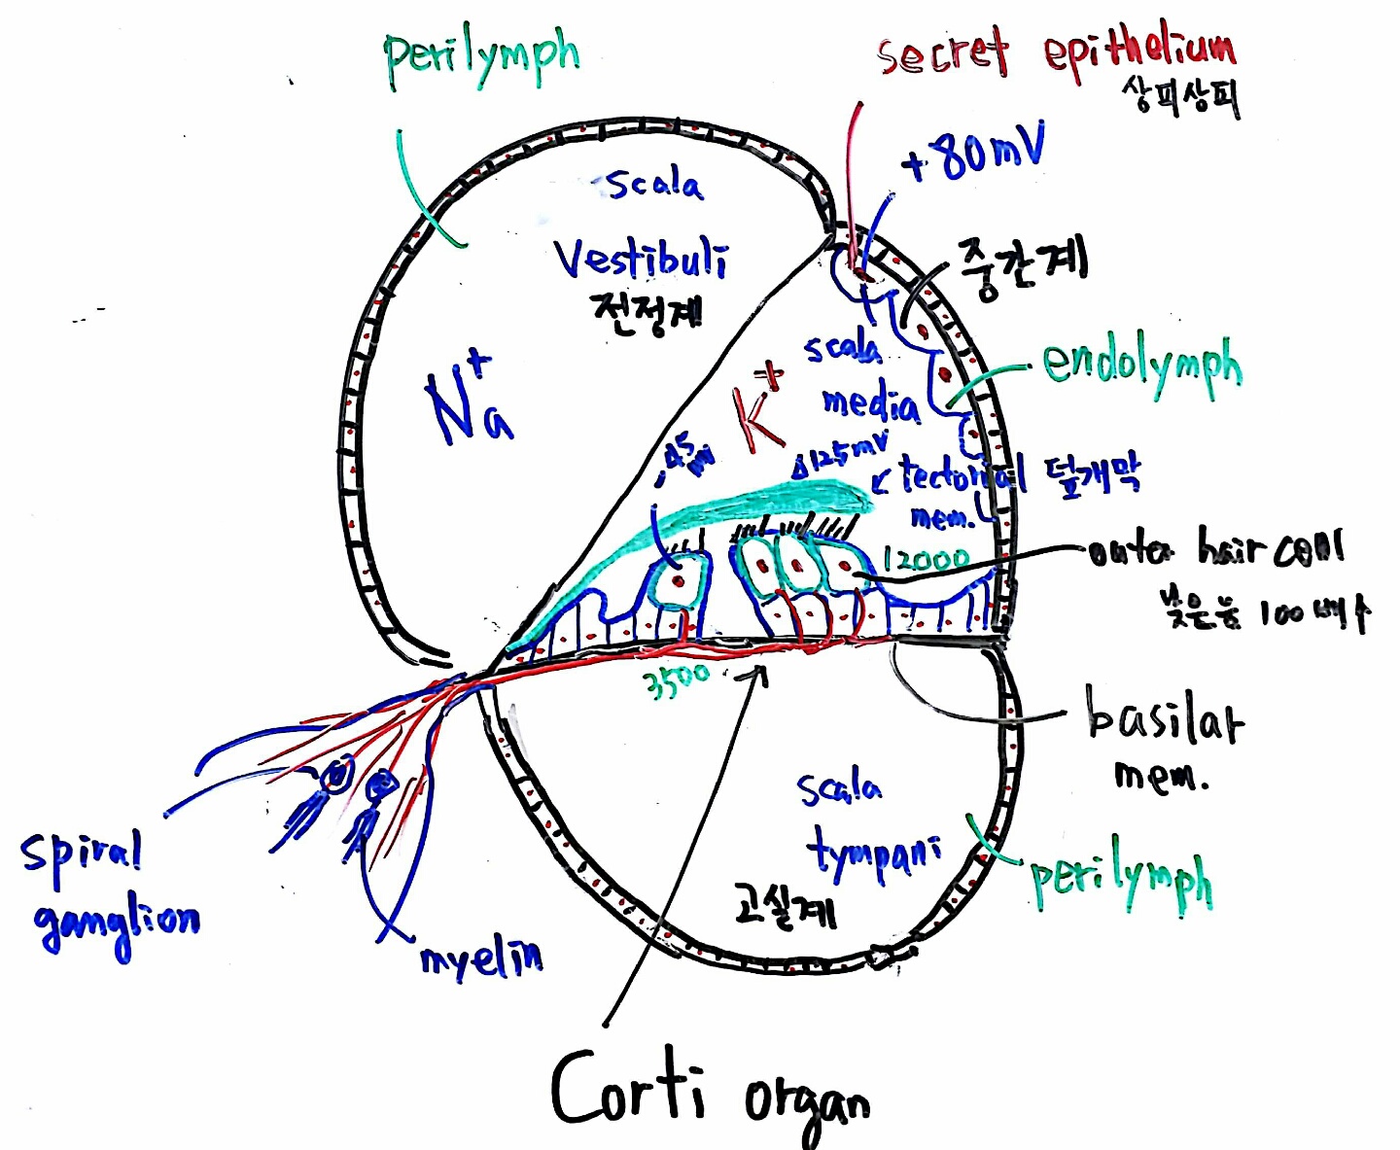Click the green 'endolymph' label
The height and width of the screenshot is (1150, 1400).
[x=1141, y=366]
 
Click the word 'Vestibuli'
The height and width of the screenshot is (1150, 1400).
[x=640, y=259]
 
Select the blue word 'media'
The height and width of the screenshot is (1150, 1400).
[x=870, y=402]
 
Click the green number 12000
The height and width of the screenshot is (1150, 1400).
[x=926, y=559]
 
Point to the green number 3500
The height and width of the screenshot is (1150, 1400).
[x=679, y=680]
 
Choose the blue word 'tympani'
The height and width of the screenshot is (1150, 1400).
[x=874, y=854]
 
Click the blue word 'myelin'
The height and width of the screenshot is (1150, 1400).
[x=481, y=958]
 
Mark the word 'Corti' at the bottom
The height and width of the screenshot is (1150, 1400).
[x=628, y=1087]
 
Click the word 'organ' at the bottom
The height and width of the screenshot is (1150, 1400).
[x=806, y=1103]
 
